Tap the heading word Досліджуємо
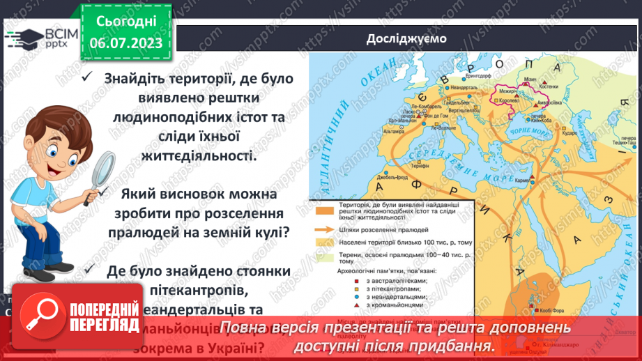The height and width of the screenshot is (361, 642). point(407,38)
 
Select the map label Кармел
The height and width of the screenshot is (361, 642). point(524,180)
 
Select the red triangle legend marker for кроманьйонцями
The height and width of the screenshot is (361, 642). point(338,305)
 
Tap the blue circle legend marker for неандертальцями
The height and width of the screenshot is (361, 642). point(338,296)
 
